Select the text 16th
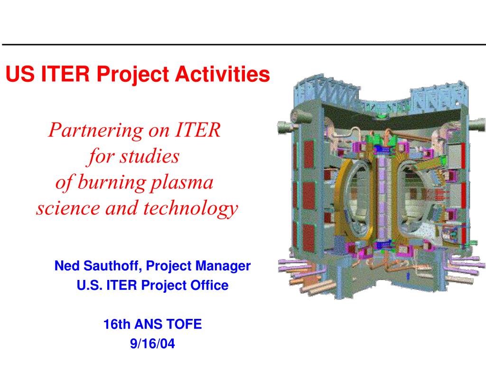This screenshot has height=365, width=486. pyautogui.click(x=117, y=325)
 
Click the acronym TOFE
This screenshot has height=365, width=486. pyautogui.click(x=185, y=325)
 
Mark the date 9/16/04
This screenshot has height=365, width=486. pyautogui.click(x=152, y=344)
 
